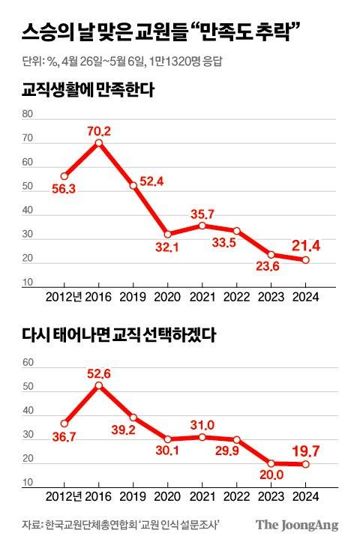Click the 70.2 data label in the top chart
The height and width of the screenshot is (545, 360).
pyautogui.click(x=97, y=131)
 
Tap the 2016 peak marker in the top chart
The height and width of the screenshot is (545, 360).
pyautogui.click(x=98, y=142)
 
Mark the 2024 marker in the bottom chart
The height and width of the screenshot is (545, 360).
pyautogui.click(x=305, y=464)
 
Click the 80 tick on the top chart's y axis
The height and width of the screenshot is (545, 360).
pyautogui.click(x=28, y=115)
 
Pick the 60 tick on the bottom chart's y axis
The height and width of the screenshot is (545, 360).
pyautogui.click(x=28, y=363)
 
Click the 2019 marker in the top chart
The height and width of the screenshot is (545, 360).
pyautogui.click(x=133, y=185)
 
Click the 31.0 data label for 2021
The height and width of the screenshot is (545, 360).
pyautogui.click(x=202, y=424)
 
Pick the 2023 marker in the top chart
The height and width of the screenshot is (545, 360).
pyautogui.click(x=271, y=255)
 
